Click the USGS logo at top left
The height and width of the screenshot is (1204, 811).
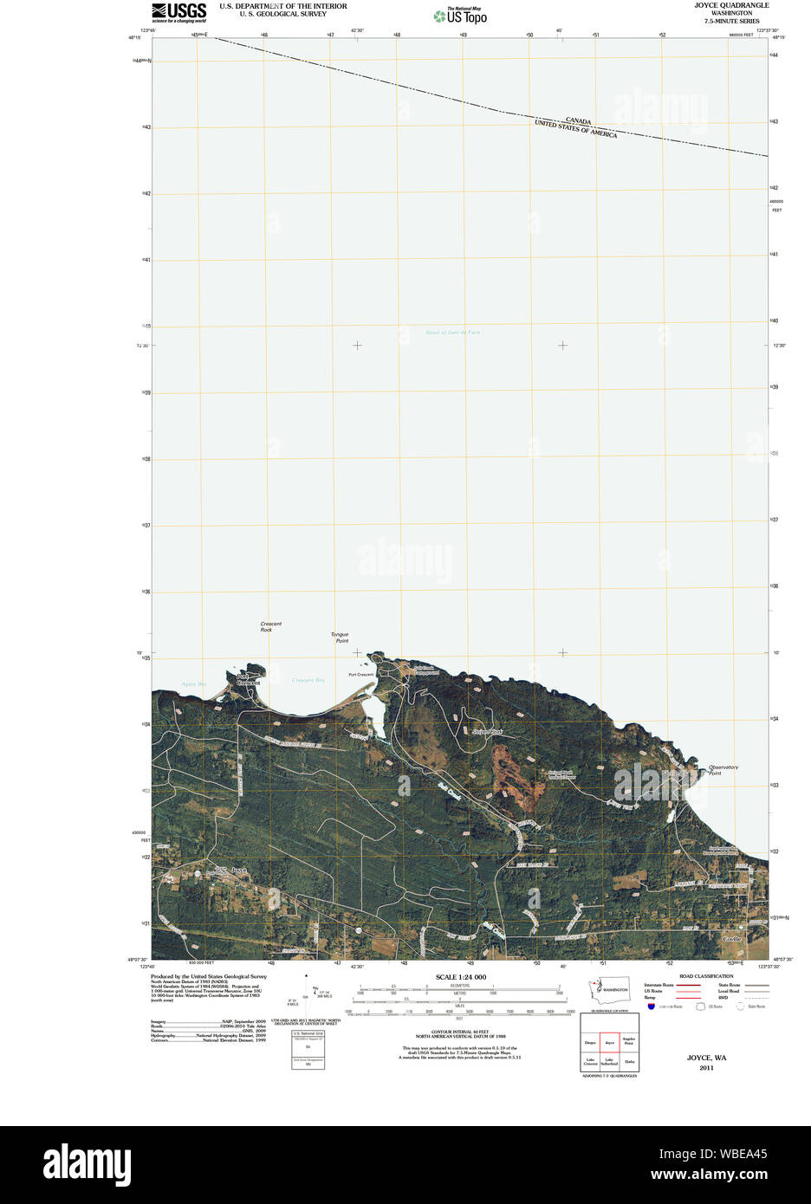tap(178, 11)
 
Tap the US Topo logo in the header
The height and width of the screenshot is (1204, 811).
tap(461, 16)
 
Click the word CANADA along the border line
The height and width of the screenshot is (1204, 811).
tap(578, 121)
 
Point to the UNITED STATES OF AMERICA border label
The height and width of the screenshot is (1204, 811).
tap(575, 130)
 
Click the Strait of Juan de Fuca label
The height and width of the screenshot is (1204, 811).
tap(452, 333)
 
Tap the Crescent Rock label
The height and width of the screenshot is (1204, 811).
tap(270, 626)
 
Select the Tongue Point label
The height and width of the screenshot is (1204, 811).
tap(340, 638)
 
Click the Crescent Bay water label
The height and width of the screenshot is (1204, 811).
tap(308, 680)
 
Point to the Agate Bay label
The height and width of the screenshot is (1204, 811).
tap(194, 684)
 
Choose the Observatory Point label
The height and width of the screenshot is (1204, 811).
tap(723, 769)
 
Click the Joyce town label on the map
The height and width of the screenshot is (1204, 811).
tap(239, 870)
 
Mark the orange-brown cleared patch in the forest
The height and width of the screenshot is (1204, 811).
tap(507, 771)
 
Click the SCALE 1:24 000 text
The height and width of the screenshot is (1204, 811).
tap(460, 977)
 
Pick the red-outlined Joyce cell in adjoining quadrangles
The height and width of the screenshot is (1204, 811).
tap(609, 1043)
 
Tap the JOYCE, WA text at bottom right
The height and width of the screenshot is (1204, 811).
tap(706, 1058)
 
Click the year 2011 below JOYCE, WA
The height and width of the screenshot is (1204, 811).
tap(706, 1068)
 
